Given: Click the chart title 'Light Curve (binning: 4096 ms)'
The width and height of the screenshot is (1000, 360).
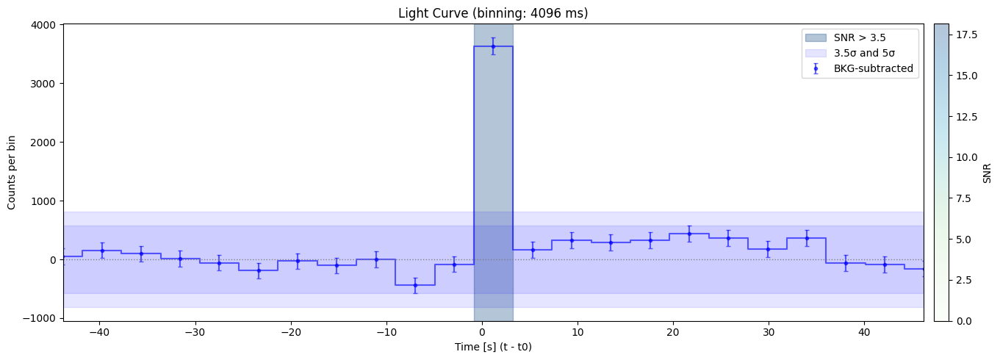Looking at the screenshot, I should point(493,12).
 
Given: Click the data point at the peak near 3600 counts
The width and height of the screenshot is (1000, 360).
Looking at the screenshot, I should point(493,46).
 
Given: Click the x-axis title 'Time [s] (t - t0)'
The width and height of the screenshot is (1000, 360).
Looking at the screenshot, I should point(493,346).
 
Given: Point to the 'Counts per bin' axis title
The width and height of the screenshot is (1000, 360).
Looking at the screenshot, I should point(12,173).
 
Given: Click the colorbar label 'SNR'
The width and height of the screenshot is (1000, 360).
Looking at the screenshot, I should point(988,173).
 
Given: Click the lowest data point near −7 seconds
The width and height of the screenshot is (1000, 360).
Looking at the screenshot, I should point(415,285).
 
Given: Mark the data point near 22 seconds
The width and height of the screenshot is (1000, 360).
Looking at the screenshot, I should point(689,234).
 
